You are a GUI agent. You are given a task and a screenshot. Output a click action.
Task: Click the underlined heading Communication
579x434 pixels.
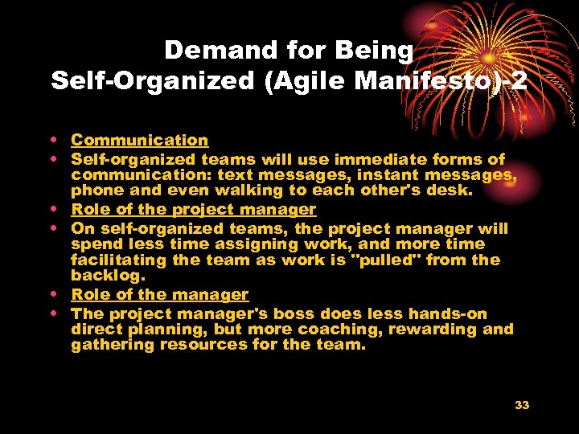click(x=139, y=140)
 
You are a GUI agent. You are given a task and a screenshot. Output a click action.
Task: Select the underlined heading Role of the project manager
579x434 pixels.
click(x=193, y=209)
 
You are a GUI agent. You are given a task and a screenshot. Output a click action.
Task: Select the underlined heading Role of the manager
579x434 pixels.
click(x=159, y=295)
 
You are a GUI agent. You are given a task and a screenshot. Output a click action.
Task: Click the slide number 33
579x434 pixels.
click(x=522, y=405)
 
